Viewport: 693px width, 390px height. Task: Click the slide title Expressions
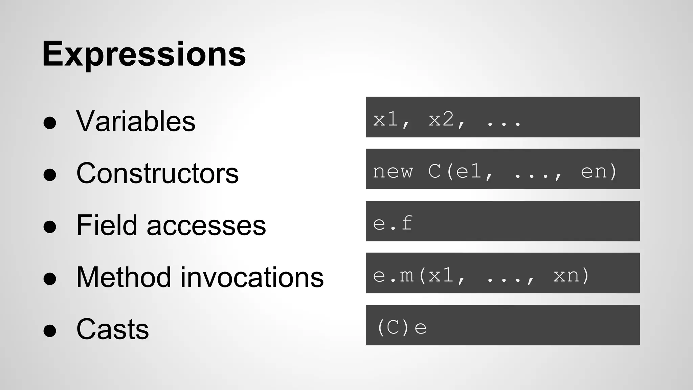pos(144,54)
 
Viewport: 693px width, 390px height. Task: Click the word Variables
pos(136,121)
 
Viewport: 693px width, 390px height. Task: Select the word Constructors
pos(157,173)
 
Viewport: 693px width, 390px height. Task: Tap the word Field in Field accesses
pos(107,225)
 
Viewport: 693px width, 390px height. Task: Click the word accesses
pos(206,226)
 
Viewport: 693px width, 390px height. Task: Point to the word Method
pos(124,277)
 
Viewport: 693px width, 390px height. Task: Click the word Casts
pos(112,329)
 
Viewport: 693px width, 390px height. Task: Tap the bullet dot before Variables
pos(50,123)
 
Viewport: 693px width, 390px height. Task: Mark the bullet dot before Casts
pos(50,331)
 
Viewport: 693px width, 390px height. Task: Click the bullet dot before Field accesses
pos(50,227)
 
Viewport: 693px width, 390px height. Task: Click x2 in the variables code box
pos(441,119)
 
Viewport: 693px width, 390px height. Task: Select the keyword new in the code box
pos(393,171)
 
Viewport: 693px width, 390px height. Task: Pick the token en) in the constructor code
pos(599,171)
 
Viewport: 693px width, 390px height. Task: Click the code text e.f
pos(393,223)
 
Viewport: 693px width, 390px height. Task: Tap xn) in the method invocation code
pos(571,275)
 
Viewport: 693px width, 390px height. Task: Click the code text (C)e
pos(401,327)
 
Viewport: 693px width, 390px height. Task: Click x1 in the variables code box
pos(385,119)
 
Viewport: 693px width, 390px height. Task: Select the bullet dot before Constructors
pos(50,175)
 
